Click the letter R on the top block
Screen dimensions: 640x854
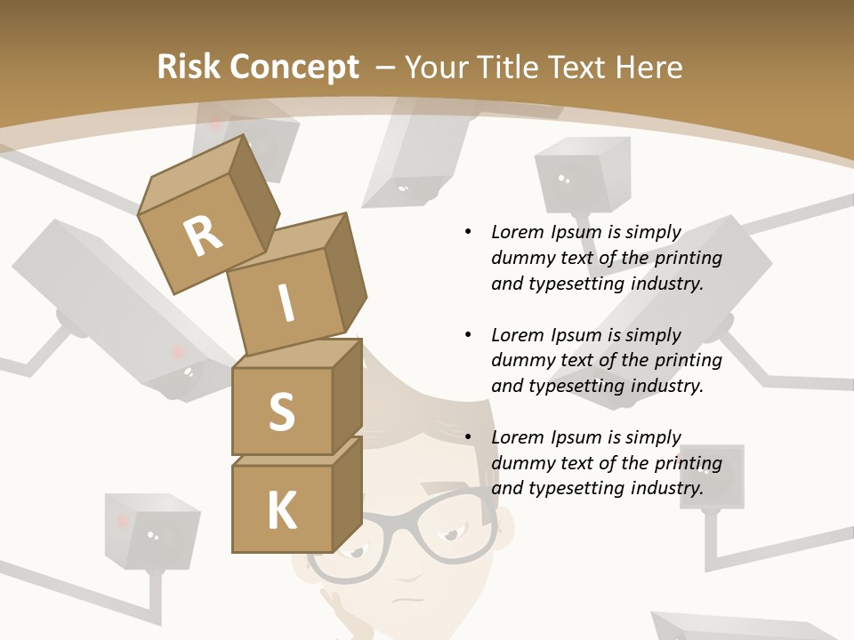[x=203, y=236]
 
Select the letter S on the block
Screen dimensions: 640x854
[x=281, y=411]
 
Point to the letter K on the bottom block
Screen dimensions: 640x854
[x=281, y=511]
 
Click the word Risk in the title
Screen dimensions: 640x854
[x=188, y=67]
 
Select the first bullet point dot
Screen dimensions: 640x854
[x=469, y=232]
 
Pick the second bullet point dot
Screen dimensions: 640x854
[x=469, y=335]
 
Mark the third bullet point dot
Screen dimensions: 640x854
[x=469, y=437]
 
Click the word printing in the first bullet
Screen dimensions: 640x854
[x=688, y=259]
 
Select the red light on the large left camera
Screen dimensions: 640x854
[x=178, y=353]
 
